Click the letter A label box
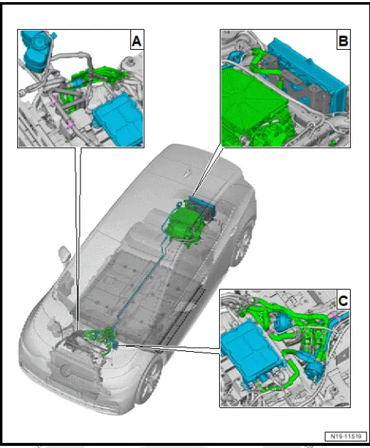pos(136,41)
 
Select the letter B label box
pos(343,41)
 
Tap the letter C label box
pos(343,301)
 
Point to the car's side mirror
pos(64,254)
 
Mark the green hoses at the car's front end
pos(96,335)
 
